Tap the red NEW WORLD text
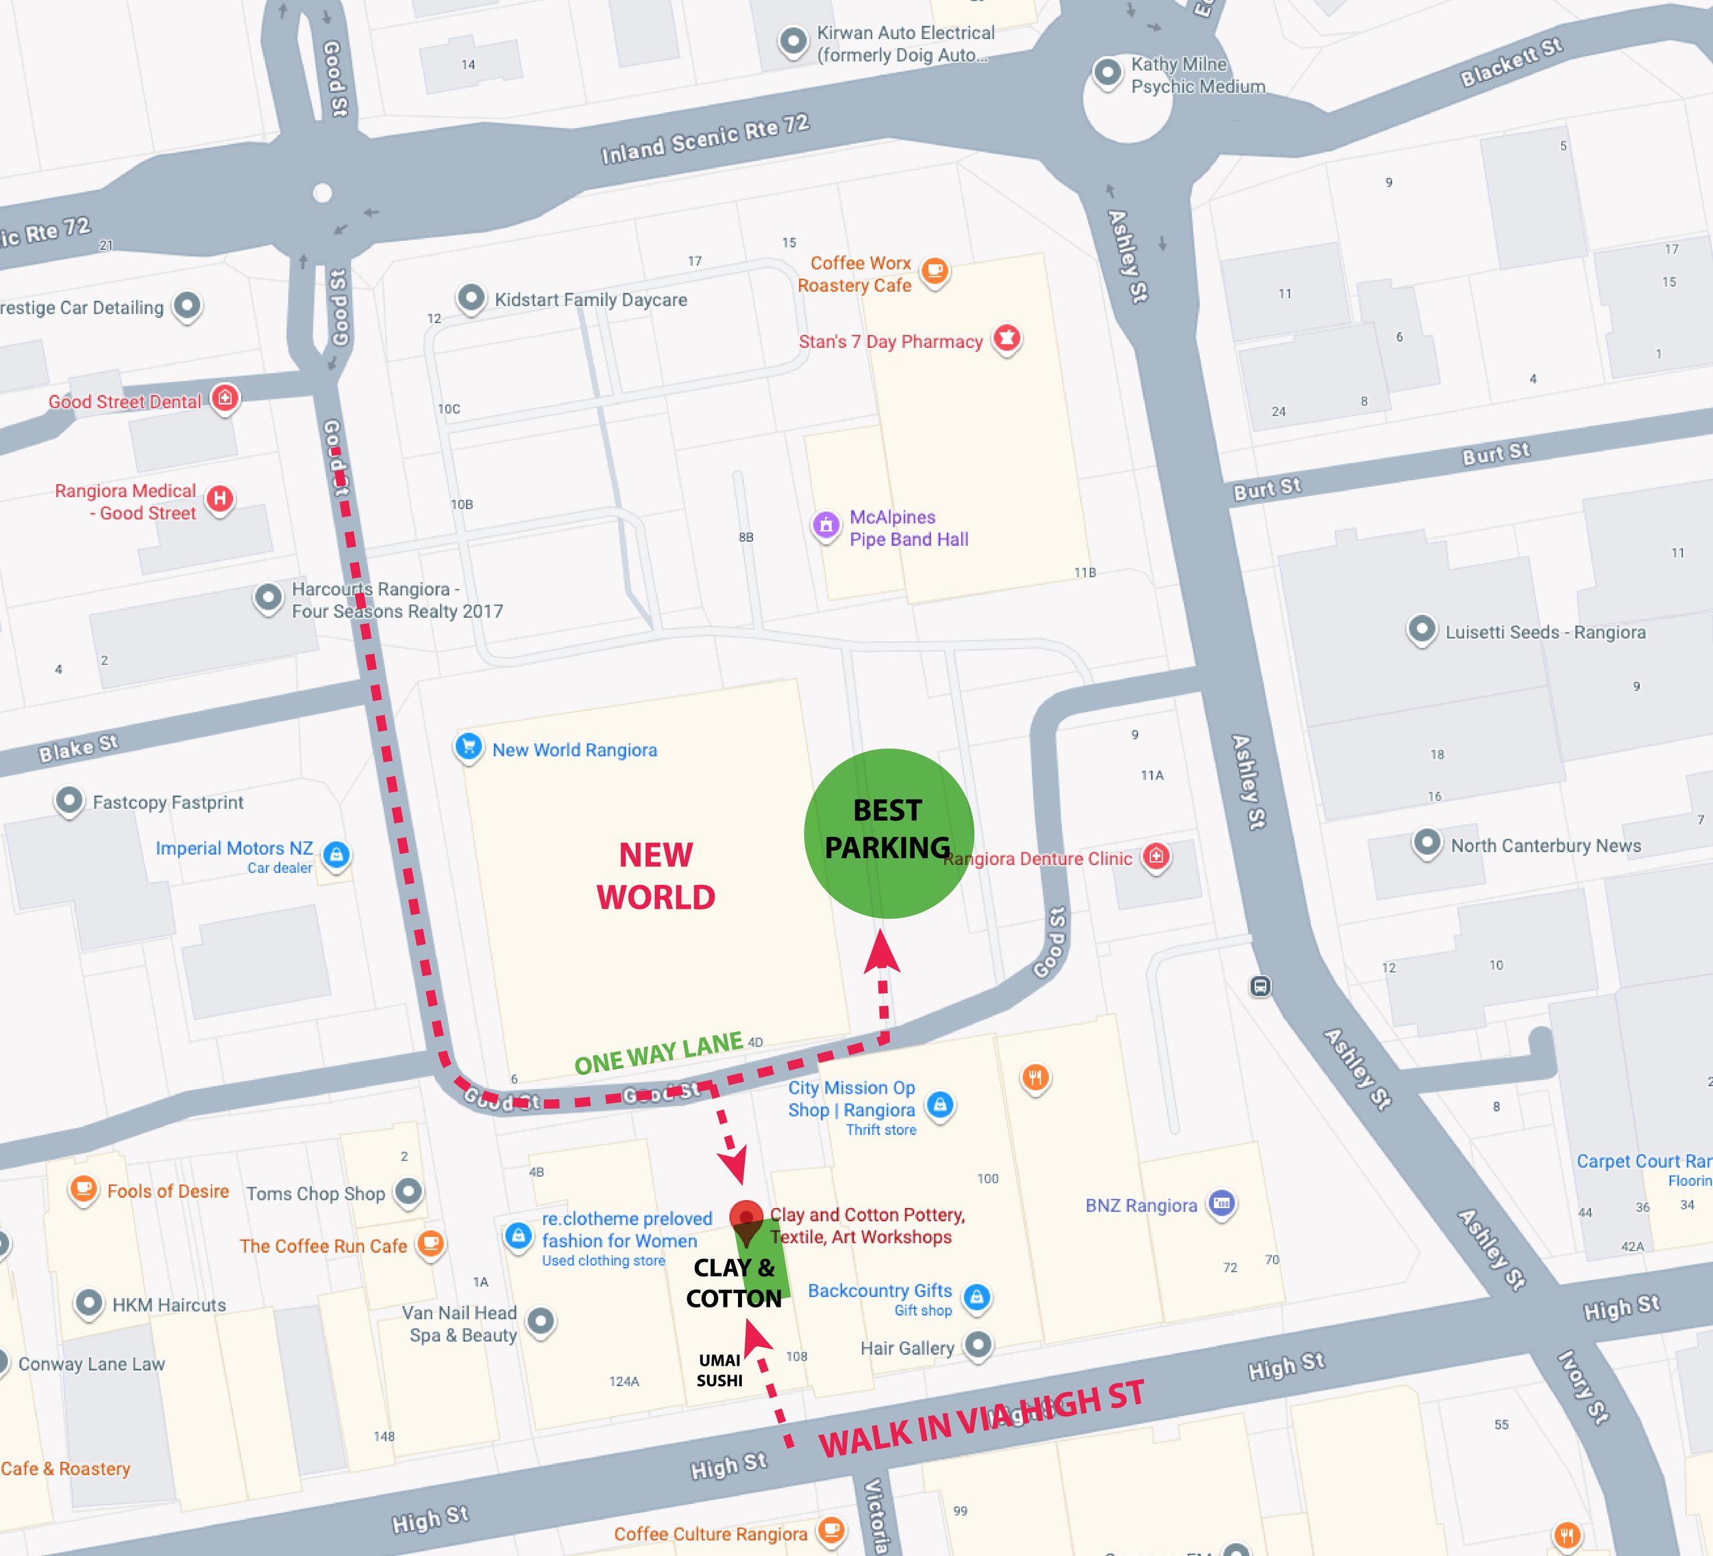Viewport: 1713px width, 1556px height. click(x=655, y=876)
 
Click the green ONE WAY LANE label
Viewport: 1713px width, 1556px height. click(x=658, y=1053)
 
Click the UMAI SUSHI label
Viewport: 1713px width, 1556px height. click(x=719, y=1370)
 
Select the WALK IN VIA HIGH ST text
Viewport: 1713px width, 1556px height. click(x=981, y=1419)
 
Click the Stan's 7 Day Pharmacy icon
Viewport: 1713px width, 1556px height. click(x=1007, y=338)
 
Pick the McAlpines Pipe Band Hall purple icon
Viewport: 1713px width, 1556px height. click(x=826, y=525)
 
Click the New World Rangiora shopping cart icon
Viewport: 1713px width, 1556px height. click(x=468, y=746)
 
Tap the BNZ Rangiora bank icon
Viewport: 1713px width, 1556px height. click(x=1221, y=1203)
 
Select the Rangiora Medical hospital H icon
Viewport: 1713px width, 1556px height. click(x=220, y=499)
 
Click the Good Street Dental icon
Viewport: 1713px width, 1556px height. click(x=225, y=397)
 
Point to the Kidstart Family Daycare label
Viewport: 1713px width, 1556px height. click(x=591, y=300)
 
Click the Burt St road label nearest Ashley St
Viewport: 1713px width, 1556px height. click(x=1267, y=489)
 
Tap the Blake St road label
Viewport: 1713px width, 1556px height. click(x=78, y=747)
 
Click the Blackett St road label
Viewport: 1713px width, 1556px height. click(x=1511, y=62)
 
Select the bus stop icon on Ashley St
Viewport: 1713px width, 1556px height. click(x=1260, y=986)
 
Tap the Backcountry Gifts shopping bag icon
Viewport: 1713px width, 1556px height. click(x=977, y=1297)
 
